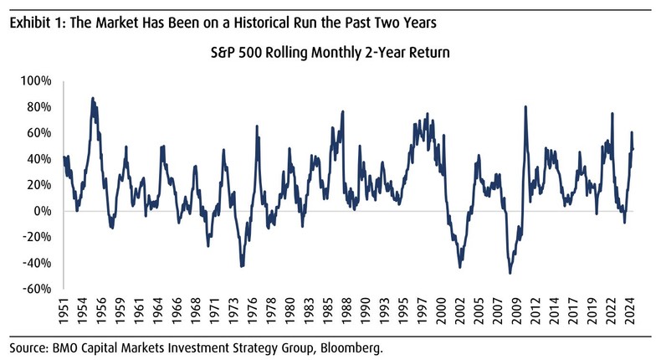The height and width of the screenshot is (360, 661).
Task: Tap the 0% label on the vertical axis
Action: point(44,211)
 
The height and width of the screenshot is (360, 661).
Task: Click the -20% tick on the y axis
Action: point(38,237)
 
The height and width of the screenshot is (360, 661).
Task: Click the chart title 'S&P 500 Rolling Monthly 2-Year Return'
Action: point(330,54)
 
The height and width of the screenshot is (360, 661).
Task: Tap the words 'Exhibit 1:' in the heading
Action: point(37,22)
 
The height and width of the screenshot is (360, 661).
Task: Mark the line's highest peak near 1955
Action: point(93,98)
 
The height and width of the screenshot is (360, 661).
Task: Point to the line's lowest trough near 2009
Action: point(510,273)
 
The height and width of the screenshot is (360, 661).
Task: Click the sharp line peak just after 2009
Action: point(525,106)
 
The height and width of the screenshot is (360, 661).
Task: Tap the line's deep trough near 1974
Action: point(242,266)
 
